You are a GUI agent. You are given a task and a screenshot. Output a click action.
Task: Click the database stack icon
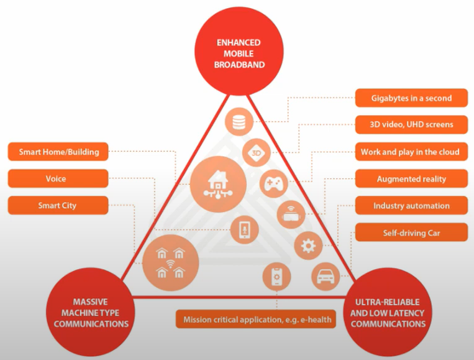coord(239,122)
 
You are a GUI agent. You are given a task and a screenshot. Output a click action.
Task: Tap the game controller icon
coord(274,183)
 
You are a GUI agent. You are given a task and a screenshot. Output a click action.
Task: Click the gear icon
coord(308,246)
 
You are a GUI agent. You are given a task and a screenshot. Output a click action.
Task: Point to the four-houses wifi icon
coord(170,261)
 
